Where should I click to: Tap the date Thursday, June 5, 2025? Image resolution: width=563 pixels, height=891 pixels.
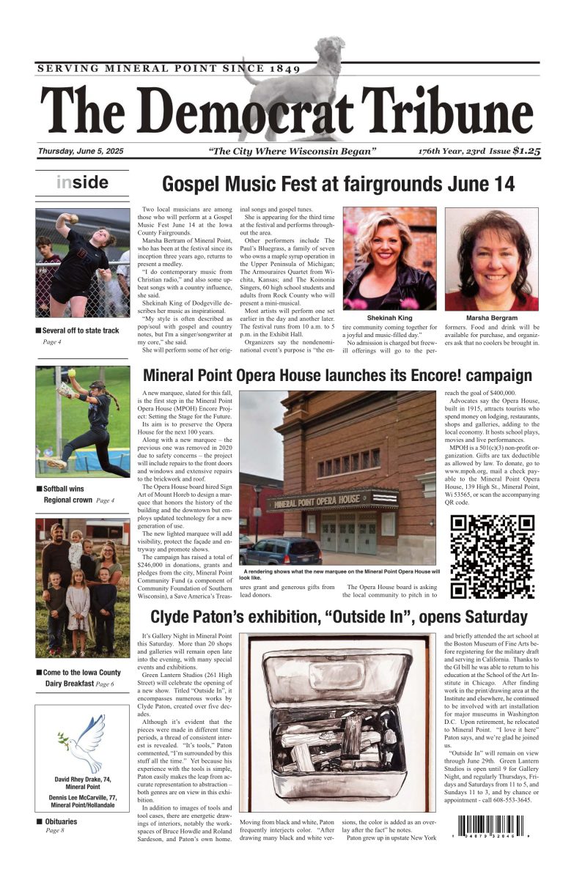(x=81, y=151)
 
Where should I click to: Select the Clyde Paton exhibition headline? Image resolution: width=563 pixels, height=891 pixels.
(x=339, y=616)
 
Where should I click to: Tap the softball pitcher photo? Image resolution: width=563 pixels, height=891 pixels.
(x=82, y=421)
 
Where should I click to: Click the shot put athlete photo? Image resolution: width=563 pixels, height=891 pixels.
(x=82, y=263)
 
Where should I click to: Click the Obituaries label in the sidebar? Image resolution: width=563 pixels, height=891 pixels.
(x=59, y=821)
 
